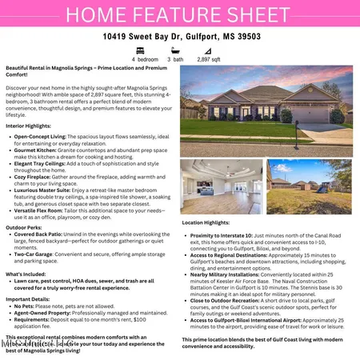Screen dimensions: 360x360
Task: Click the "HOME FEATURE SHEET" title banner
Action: (179, 14)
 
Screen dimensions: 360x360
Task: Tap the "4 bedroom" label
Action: (145, 59)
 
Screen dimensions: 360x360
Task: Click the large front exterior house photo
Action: (266, 110)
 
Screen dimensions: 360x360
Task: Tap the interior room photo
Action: (221, 186)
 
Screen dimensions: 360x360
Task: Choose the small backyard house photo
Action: (309, 186)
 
